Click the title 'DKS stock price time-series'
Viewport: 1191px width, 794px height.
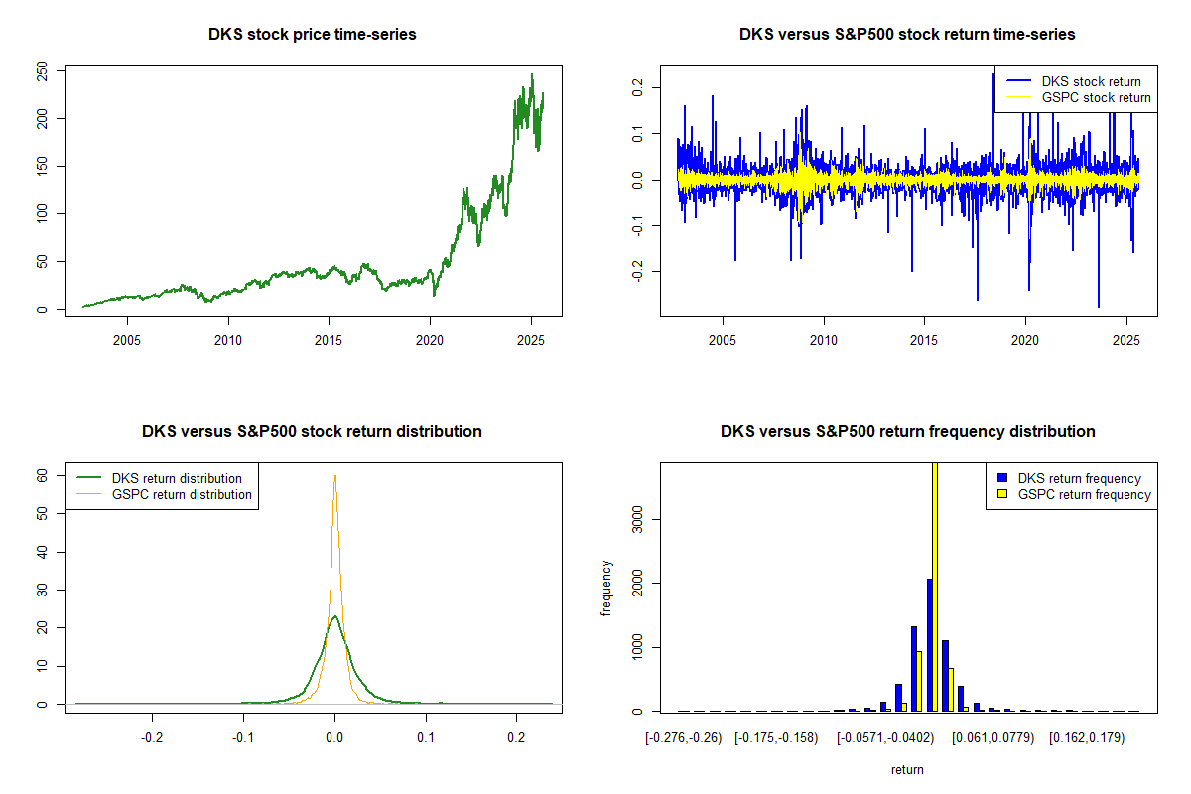point(312,35)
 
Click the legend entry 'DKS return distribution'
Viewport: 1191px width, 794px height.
point(177,478)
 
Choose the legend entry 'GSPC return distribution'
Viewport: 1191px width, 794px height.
point(182,494)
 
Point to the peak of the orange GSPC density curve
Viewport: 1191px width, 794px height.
point(335,475)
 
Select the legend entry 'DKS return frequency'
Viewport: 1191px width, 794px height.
point(1079,478)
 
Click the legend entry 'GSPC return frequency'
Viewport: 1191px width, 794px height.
point(1084,494)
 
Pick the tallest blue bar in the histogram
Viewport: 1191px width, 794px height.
point(930,645)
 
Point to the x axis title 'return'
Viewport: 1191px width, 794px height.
point(907,769)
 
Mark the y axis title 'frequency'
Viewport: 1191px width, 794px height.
point(608,589)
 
